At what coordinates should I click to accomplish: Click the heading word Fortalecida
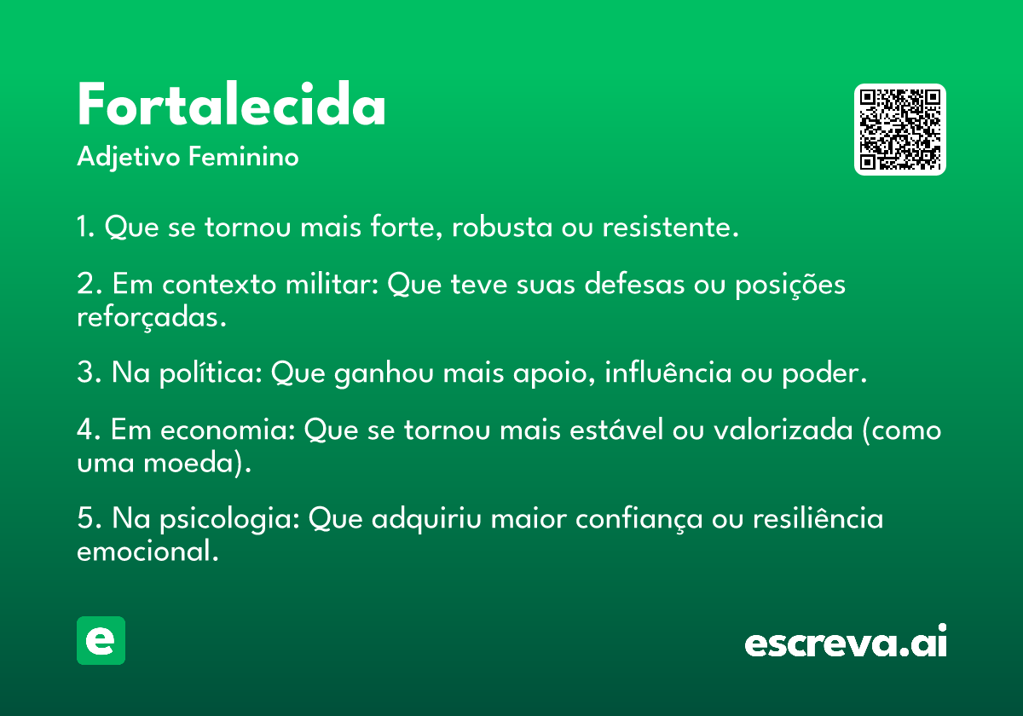pyautogui.click(x=231, y=104)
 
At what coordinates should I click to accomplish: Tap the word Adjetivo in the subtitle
pyautogui.click(x=129, y=158)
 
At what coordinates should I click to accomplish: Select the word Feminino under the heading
pyautogui.click(x=244, y=156)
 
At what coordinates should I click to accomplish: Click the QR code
pyautogui.click(x=899, y=130)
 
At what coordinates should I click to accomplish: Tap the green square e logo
pyautogui.click(x=101, y=640)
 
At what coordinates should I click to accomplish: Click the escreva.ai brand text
pyautogui.click(x=846, y=641)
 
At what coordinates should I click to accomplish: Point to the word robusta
pyautogui.click(x=502, y=227)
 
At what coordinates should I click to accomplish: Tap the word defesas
pyautogui.click(x=635, y=284)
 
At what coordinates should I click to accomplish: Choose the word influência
pyautogui.click(x=668, y=372)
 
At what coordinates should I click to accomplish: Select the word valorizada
pyautogui.click(x=783, y=430)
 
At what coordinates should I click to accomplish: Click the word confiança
pyautogui.click(x=639, y=519)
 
